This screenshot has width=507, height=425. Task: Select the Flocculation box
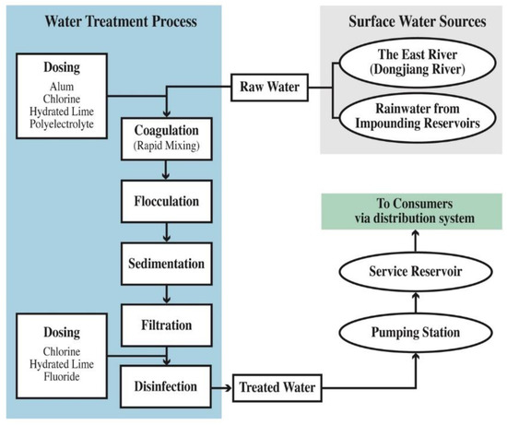click(x=166, y=199)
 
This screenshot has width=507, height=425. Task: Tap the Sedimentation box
click(x=166, y=263)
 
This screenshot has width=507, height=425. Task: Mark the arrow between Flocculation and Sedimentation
click(x=166, y=232)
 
